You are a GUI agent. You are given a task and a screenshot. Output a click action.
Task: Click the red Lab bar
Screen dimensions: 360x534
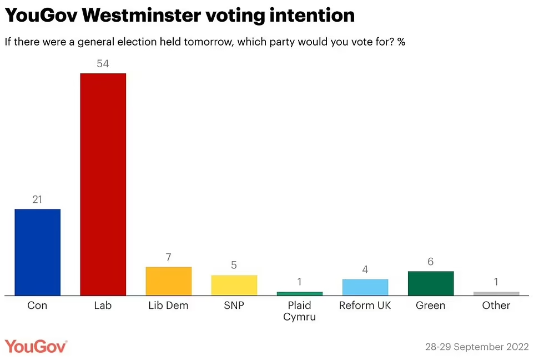103,184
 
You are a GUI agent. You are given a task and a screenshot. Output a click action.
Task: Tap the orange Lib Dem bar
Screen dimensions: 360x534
168,281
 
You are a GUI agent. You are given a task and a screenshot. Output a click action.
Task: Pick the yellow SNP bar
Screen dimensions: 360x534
234,285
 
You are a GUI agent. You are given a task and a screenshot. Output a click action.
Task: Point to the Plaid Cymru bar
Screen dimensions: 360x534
299,293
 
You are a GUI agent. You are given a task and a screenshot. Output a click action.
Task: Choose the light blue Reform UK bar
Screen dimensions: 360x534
365,287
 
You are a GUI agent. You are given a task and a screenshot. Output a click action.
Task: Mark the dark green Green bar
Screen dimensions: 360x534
430,283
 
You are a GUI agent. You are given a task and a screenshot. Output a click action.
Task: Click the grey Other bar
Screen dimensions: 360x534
496,293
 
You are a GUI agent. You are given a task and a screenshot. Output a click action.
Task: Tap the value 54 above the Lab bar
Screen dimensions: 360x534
103,64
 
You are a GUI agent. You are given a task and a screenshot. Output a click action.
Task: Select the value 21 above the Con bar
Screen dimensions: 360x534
37,200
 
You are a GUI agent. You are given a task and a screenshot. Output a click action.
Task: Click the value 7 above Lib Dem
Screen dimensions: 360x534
168,258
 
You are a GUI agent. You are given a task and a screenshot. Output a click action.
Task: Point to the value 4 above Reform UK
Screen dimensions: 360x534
365,270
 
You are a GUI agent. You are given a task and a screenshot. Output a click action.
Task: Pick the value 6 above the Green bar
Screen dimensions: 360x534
430,262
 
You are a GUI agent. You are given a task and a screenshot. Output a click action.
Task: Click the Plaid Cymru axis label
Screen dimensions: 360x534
299,311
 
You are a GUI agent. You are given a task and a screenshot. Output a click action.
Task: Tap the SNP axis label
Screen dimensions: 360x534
234,306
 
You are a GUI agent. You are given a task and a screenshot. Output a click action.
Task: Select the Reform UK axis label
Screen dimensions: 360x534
365,306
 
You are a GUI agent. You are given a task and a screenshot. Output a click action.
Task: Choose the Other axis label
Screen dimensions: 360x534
496,306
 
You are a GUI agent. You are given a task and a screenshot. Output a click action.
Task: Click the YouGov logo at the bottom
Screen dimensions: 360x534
36,346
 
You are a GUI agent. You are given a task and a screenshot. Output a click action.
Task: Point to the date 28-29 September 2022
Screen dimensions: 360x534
477,347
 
